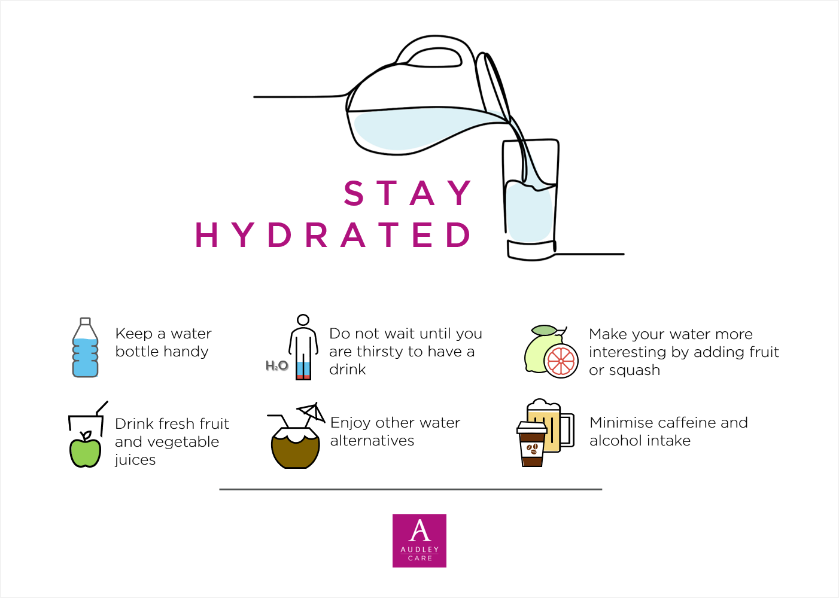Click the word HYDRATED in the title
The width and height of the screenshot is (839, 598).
333,234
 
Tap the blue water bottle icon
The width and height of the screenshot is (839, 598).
85,349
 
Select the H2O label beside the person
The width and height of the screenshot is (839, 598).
276,365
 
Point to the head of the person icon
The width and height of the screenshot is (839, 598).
303,320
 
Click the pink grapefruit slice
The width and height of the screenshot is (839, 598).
561,361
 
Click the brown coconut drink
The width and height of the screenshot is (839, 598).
295,450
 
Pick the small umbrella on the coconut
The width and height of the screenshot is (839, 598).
312,411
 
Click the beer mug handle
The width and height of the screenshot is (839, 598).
567,430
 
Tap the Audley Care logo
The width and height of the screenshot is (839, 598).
419,541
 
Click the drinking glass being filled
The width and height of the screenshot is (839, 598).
530,203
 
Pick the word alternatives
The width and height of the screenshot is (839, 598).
372,441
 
